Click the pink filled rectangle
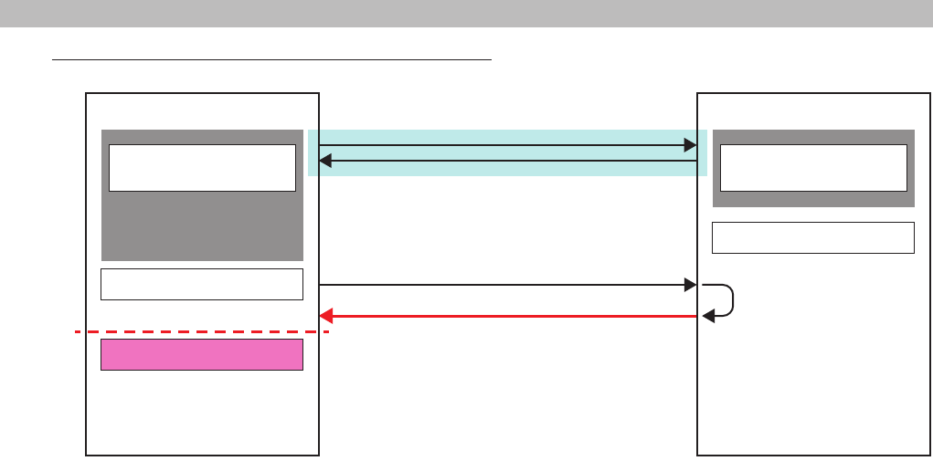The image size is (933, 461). (201, 354)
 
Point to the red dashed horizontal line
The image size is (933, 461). (201, 332)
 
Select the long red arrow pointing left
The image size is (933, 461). (512, 316)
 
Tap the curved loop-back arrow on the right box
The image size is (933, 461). (728, 300)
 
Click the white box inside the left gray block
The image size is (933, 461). (202, 167)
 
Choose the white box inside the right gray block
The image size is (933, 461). (813, 167)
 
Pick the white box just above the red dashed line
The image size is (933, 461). (201, 284)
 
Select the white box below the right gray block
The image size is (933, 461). (813, 237)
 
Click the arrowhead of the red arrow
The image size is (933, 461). (324, 316)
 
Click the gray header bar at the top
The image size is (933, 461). (466, 13)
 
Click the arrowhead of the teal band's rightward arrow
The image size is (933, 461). (691, 145)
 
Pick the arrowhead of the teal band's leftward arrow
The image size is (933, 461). (324, 162)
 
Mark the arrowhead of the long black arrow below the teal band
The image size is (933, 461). (691, 286)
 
